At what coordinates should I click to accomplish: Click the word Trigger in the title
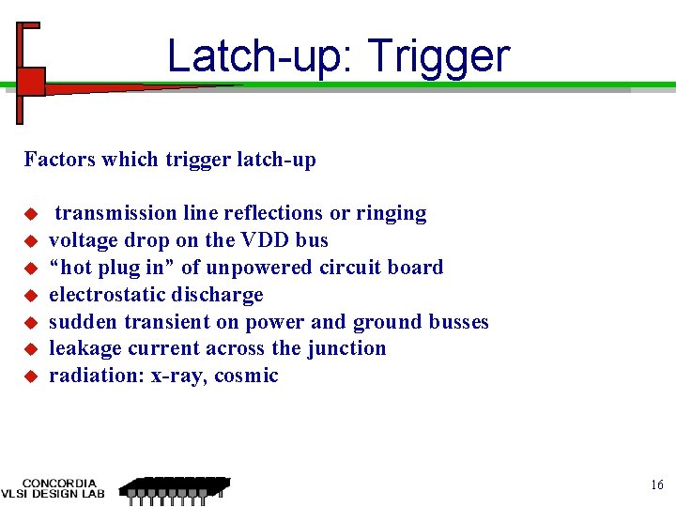[x=438, y=57]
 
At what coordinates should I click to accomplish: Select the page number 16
[x=656, y=485]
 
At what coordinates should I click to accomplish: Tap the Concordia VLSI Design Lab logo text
[x=54, y=488]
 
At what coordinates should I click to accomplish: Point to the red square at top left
[x=31, y=82]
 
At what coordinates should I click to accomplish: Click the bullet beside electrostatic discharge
[x=30, y=296]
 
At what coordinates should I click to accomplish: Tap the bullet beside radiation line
[x=30, y=377]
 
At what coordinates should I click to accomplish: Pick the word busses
[x=458, y=322]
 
